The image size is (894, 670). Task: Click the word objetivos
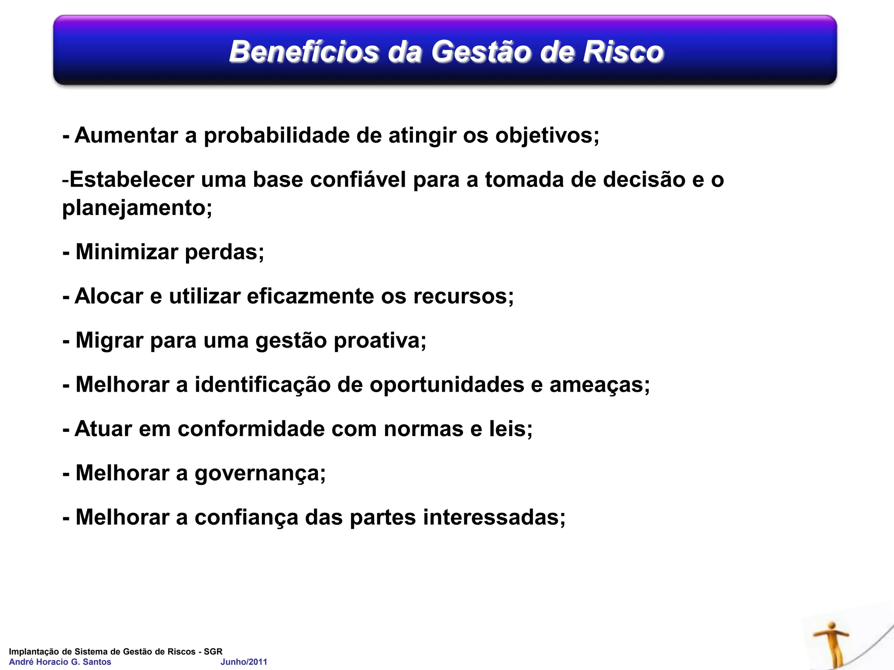(x=547, y=136)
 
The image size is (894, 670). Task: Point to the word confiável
(x=358, y=180)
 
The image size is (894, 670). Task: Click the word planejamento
(x=137, y=208)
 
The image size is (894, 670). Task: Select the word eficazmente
(x=310, y=296)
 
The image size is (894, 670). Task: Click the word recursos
(x=463, y=296)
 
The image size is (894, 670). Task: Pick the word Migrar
(x=109, y=340)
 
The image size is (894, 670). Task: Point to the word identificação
(x=262, y=385)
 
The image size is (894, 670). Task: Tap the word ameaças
(x=599, y=385)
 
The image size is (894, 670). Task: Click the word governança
(x=260, y=474)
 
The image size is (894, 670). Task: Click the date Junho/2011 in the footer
(x=244, y=662)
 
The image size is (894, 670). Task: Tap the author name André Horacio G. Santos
(x=60, y=662)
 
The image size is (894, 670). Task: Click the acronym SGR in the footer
(x=213, y=652)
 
